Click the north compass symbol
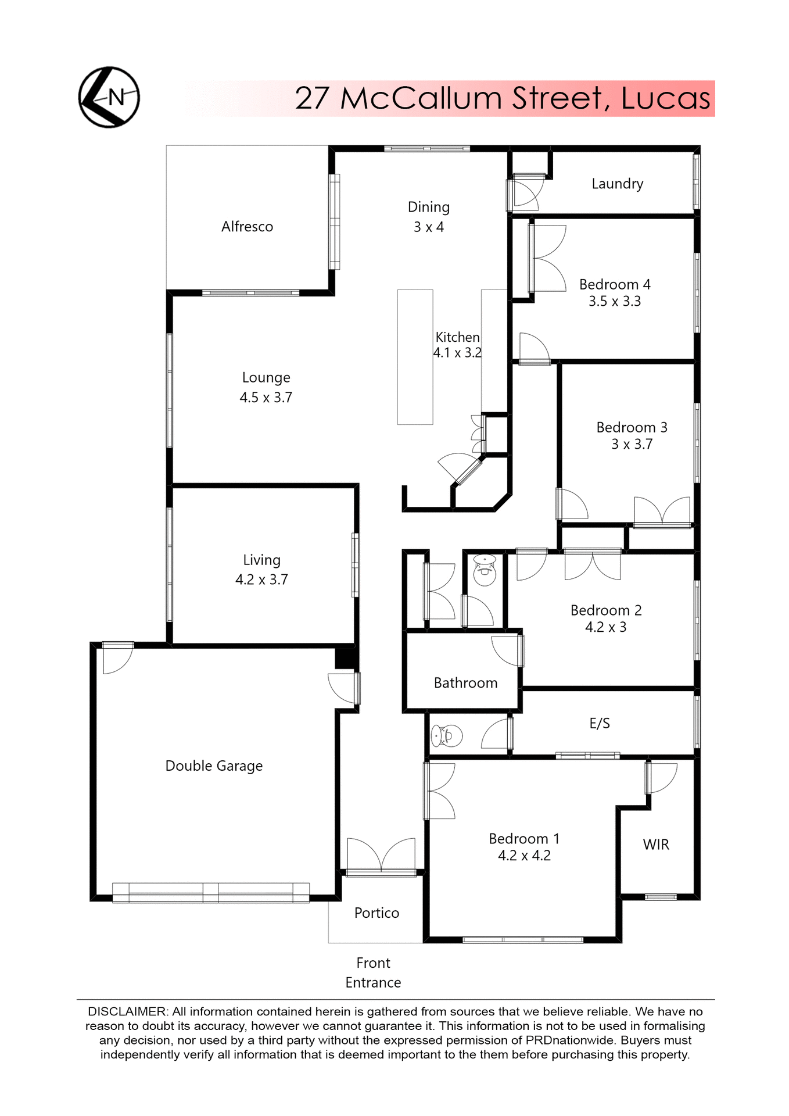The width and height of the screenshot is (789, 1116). pos(109,97)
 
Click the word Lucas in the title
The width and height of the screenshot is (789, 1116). pos(665,98)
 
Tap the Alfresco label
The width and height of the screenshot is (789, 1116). pos(247,227)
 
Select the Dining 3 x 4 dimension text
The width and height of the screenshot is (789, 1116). pos(428,227)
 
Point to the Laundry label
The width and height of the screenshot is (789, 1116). pos(617,184)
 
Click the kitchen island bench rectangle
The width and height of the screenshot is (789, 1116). pos(415,357)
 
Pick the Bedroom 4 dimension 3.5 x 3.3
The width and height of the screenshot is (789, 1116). pos(614,301)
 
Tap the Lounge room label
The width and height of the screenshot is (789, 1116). pos(266,378)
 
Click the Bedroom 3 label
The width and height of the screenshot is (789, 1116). pos(632,428)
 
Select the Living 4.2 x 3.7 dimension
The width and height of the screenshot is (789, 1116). pos(261,580)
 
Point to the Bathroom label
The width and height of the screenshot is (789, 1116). pos(465,683)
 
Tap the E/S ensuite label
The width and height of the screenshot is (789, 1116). pos(600,724)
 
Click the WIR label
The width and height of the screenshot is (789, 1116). pos(656,845)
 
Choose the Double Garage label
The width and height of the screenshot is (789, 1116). pos(214,766)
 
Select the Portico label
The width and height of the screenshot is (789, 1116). pos(376,913)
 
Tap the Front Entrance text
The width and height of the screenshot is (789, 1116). pos(373,972)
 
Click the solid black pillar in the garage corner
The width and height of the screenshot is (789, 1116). pos(345,658)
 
